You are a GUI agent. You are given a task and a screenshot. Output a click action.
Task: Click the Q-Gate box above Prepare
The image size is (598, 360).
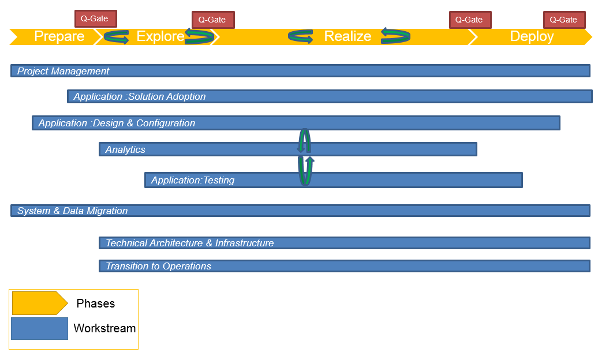coord(96,18)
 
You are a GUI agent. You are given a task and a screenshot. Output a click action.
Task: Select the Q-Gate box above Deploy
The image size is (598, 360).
coord(565,20)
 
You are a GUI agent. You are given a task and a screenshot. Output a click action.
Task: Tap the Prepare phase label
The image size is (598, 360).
coord(59,36)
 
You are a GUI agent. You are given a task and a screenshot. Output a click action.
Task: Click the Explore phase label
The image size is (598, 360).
coord(160,36)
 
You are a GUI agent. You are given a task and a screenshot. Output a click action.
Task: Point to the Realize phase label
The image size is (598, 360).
coord(347,36)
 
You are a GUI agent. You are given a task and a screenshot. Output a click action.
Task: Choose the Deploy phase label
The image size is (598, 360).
coord(532,36)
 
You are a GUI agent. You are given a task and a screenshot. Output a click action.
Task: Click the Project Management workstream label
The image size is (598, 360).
coord(63,71)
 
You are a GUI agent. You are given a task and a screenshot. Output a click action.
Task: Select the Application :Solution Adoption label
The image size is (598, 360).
coord(140,96)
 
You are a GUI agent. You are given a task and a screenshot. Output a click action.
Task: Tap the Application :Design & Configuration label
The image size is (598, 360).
coord(117,123)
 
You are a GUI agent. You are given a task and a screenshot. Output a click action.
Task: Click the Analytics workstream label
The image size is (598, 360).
coord(125,149)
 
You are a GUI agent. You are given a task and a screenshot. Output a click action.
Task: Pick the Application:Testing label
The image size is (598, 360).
coord(193,180)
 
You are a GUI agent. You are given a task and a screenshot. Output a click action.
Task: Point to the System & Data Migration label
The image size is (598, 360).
coord(73,211)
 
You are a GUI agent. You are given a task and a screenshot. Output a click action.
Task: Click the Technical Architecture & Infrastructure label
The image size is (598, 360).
coord(189,243)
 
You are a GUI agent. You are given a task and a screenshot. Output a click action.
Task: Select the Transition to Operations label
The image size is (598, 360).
coord(158,266)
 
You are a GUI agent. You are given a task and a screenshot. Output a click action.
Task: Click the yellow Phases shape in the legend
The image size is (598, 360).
coord(40,303)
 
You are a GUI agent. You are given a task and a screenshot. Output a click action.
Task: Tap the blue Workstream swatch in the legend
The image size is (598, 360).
coord(40,328)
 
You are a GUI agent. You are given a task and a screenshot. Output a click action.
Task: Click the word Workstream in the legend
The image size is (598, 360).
coord(104,328)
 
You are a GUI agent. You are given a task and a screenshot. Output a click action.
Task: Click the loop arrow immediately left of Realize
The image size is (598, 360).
coord(301,37)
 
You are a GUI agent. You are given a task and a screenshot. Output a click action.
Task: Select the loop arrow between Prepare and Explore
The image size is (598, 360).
coord(117,37)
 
